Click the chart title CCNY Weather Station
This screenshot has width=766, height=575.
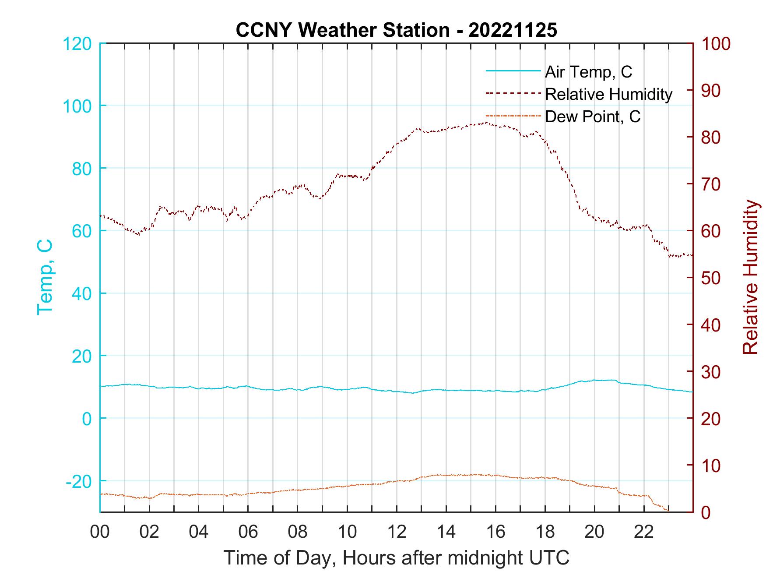[396, 30]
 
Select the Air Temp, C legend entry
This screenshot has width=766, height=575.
[588, 72]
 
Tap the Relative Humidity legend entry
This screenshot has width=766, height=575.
[608, 94]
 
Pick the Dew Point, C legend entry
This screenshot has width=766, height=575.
[593, 116]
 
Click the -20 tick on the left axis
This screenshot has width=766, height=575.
[79, 481]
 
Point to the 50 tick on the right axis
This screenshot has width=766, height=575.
[712, 278]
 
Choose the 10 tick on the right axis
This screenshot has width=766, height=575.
[712, 466]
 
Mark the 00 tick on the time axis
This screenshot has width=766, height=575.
[100, 532]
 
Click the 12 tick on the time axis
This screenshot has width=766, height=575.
[397, 532]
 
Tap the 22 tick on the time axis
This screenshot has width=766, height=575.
[644, 532]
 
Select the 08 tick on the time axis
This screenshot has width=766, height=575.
[298, 532]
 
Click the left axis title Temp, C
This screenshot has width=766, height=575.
[45, 277]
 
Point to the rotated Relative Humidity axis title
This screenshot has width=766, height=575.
[750, 277]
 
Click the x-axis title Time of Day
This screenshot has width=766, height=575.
[396, 558]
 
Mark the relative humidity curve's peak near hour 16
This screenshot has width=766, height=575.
[486, 123]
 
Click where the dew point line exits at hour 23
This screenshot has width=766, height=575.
[668, 511]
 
